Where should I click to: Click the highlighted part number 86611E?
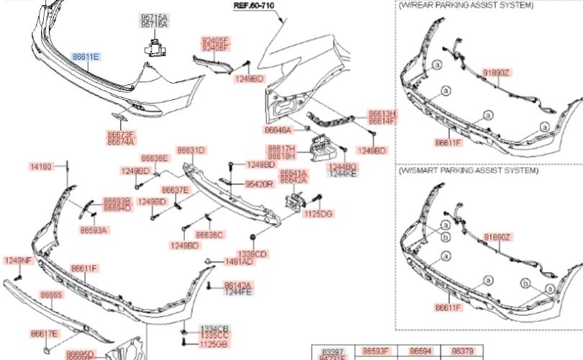pyautogui.click(x=86, y=56)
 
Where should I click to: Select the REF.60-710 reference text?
pyautogui.click(x=253, y=5)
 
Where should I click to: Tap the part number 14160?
pyautogui.click(x=40, y=166)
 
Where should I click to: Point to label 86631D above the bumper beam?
pyautogui.click(x=191, y=150)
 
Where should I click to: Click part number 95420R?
pyautogui.click(x=259, y=184)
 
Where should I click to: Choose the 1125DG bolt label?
pyautogui.click(x=319, y=214)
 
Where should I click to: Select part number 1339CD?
pyautogui.click(x=253, y=254)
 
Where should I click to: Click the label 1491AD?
pyautogui.click(x=238, y=263)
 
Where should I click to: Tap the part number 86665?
pyautogui.click(x=51, y=295)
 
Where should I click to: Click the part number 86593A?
pyautogui.click(x=94, y=231)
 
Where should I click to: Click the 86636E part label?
pyautogui.click(x=154, y=158)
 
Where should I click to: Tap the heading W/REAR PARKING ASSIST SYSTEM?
pyautogui.click(x=466, y=5)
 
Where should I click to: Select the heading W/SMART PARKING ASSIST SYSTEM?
pyautogui.click(x=468, y=171)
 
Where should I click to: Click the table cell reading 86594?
pyautogui.click(x=421, y=351)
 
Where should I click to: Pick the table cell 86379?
pyautogui.click(x=461, y=351)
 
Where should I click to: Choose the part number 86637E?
pyautogui.click(x=175, y=190)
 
